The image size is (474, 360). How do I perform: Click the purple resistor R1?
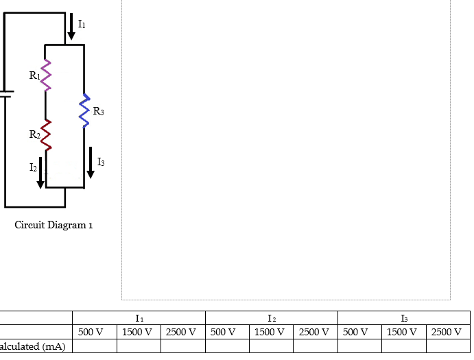(x=46, y=75)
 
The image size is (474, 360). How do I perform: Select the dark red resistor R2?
(x=46, y=134)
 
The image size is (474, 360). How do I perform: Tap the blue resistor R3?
(x=84, y=110)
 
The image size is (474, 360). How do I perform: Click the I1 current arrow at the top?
(x=71, y=26)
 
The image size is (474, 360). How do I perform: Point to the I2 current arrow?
(x=40, y=171)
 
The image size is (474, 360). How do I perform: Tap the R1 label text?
(x=34, y=76)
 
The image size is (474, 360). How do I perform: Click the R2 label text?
(x=34, y=134)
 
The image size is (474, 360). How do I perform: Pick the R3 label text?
(x=98, y=111)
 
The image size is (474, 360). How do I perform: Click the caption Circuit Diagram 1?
(x=54, y=225)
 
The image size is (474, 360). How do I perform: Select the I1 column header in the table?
(x=139, y=318)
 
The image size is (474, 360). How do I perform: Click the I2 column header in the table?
(x=272, y=318)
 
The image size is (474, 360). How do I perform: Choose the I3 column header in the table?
(x=403, y=318)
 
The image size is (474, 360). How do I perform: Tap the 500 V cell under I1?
(x=91, y=332)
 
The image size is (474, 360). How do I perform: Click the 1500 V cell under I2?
(x=270, y=332)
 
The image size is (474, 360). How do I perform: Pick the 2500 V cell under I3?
(x=446, y=332)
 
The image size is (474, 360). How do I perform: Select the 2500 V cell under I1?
(x=182, y=332)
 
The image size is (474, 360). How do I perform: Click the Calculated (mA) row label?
(x=33, y=346)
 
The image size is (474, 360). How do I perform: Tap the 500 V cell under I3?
(x=355, y=332)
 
